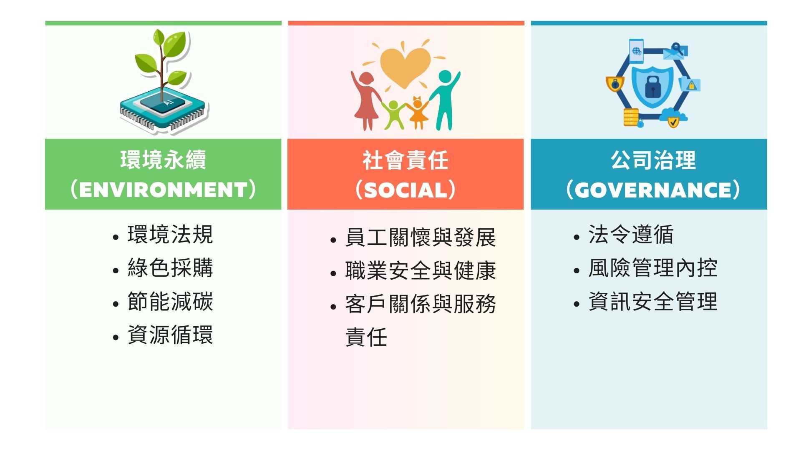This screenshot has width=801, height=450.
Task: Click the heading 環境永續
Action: (163, 160)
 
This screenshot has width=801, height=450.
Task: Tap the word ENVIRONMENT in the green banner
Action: (163, 190)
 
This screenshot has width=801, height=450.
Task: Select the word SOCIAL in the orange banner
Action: (406, 190)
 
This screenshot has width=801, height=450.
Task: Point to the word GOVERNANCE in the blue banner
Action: (653, 190)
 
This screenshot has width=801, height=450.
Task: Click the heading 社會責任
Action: (406, 160)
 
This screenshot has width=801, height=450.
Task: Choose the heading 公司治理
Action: (653, 160)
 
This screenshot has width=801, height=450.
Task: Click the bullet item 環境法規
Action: (170, 234)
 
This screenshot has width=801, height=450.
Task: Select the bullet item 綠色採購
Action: (170, 267)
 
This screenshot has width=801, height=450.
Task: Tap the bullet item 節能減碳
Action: (170, 301)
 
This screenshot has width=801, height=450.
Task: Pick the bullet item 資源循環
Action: (170, 335)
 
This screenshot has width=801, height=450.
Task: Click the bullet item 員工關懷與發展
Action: (421, 237)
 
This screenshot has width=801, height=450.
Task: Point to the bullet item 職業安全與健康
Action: (421, 271)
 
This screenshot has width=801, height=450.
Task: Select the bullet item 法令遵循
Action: (631, 234)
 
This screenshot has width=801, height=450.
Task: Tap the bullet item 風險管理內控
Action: (653, 267)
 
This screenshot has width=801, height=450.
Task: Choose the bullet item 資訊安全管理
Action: (653, 301)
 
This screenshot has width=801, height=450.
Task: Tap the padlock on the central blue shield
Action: (653, 87)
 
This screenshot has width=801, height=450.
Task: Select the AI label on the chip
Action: (168, 102)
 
